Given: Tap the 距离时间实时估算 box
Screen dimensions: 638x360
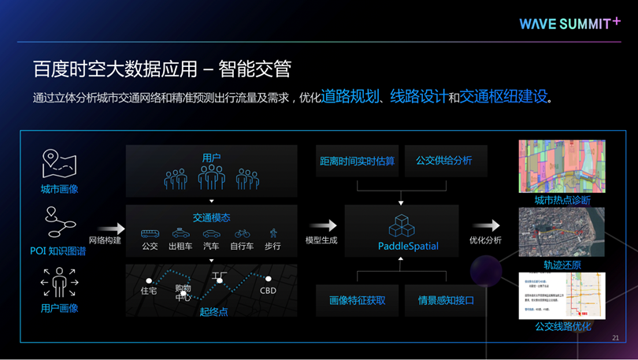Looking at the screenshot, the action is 357,161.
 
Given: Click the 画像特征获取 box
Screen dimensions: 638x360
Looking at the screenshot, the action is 357,299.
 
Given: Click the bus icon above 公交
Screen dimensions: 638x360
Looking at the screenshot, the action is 150,233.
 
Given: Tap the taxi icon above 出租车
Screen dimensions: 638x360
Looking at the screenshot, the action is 180,233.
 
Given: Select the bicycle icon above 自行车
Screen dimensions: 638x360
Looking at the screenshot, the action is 243,233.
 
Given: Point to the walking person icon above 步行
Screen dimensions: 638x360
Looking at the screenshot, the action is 273,233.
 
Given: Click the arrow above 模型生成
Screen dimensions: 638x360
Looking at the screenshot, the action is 321,227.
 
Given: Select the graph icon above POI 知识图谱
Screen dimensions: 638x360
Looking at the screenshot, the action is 59,225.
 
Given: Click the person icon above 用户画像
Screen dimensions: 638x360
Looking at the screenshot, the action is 59,283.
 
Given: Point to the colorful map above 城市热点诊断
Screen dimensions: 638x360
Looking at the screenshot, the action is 562,166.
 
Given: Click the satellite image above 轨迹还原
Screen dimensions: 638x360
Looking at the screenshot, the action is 562,232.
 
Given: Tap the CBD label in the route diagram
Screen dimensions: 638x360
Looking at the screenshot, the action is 268,290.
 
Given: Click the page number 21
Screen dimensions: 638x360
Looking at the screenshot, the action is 615,337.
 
